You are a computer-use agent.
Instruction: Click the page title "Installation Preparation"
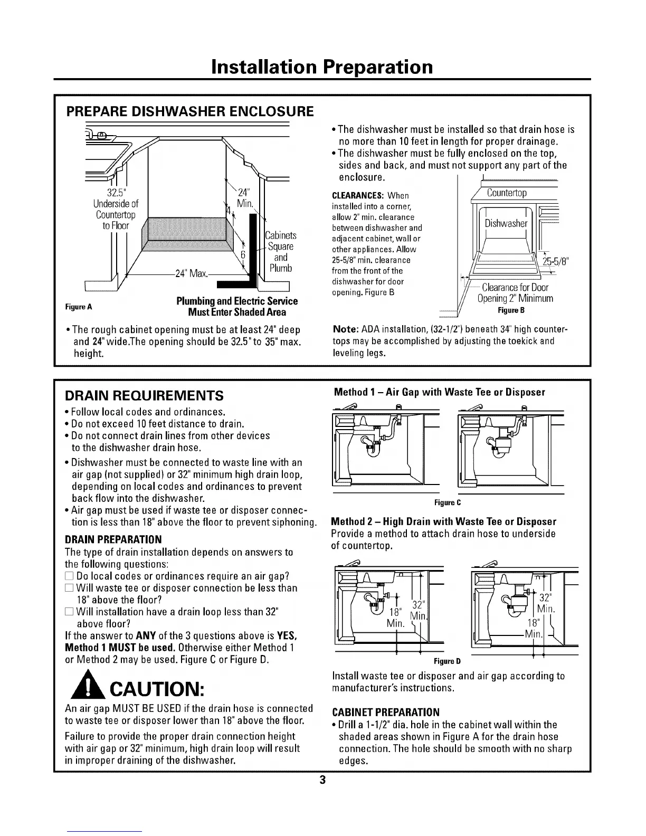coord(322,67)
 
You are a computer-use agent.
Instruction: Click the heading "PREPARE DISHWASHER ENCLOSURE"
coord(189,112)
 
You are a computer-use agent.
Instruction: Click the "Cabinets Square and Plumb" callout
coord(280,252)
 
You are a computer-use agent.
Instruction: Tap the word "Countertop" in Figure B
coord(507,193)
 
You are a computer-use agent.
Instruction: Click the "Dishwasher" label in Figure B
coord(506,224)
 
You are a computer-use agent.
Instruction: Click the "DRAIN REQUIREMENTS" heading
coord(144,396)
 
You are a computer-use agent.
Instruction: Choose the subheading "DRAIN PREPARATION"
coord(113,539)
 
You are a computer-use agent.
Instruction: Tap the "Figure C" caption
coord(448,502)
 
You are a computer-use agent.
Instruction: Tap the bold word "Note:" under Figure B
coord(346,329)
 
